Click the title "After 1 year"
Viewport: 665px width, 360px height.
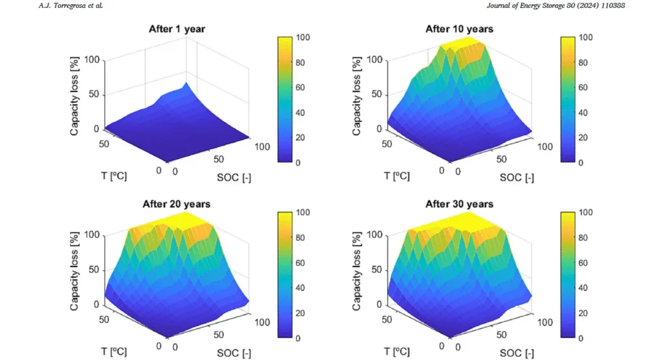point(176,29)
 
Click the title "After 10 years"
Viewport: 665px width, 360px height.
point(459,29)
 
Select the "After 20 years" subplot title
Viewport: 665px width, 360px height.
point(176,204)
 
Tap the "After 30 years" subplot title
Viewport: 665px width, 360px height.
point(459,204)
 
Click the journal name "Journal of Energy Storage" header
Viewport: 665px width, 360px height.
point(555,6)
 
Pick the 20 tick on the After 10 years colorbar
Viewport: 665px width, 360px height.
point(587,138)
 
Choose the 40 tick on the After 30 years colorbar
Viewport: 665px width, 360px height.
point(587,288)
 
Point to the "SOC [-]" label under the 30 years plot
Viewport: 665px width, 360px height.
point(517,352)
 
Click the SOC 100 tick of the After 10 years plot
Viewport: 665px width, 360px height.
point(546,147)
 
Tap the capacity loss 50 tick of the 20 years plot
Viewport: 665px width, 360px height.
point(93,269)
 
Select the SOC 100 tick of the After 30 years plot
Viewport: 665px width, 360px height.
point(546,322)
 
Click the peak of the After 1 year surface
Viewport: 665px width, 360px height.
point(186,84)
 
